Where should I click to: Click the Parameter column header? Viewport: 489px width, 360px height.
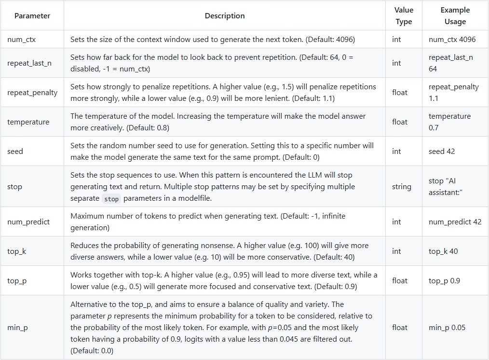(x=32, y=16)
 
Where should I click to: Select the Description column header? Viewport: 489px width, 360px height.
(x=225, y=16)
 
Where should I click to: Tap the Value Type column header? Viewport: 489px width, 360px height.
(x=404, y=16)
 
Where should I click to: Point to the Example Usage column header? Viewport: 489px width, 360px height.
(x=455, y=16)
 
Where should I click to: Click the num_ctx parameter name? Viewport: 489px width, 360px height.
(x=22, y=40)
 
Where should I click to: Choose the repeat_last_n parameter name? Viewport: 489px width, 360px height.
(x=29, y=63)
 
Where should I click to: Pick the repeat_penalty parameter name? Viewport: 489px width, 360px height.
(x=32, y=92)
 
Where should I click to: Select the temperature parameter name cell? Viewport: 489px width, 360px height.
(x=28, y=122)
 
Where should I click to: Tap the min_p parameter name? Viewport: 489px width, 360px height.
(x=18, y=328)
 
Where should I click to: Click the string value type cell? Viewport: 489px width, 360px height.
(x=402, y=187)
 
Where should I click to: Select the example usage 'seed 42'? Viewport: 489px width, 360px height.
(x=442, y=152)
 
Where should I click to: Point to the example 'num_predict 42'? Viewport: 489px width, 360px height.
(x=455, y=222)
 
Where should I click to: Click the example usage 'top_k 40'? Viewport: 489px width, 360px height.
(x=443, y=251)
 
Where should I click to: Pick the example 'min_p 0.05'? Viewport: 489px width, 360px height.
(x=447, y=328)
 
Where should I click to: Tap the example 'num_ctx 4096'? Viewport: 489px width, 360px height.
(x=452, y=40)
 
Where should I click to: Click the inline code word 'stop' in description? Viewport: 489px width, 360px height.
(x=111, y=199)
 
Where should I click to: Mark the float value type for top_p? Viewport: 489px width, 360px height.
(x=400, y=281)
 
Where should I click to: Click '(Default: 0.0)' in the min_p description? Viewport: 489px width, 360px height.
(x=92, y=351)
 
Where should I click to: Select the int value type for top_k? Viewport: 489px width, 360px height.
(x=396, y=251)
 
